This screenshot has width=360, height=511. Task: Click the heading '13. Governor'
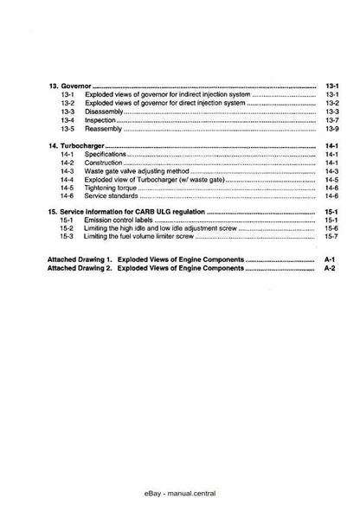pos(69,86)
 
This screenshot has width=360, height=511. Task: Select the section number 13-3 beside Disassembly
pos(68,112)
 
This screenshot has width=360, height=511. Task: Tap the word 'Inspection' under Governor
pos(103,121)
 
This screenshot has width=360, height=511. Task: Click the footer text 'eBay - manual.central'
pos(180,489)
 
